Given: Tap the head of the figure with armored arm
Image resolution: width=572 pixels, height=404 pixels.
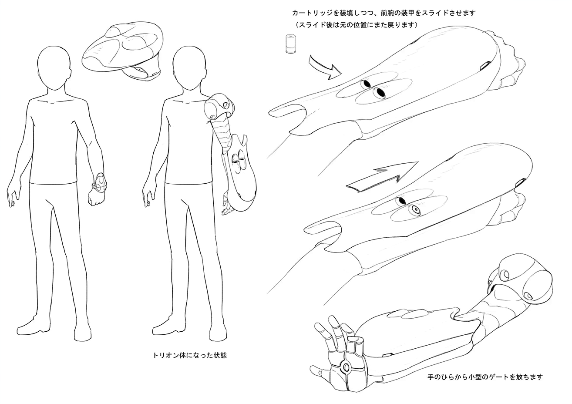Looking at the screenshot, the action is click(189, 70).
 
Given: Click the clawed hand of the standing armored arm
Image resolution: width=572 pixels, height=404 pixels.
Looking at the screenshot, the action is click(228, 206).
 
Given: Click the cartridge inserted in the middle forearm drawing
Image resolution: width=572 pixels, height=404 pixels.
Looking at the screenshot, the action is click(414, 211).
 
